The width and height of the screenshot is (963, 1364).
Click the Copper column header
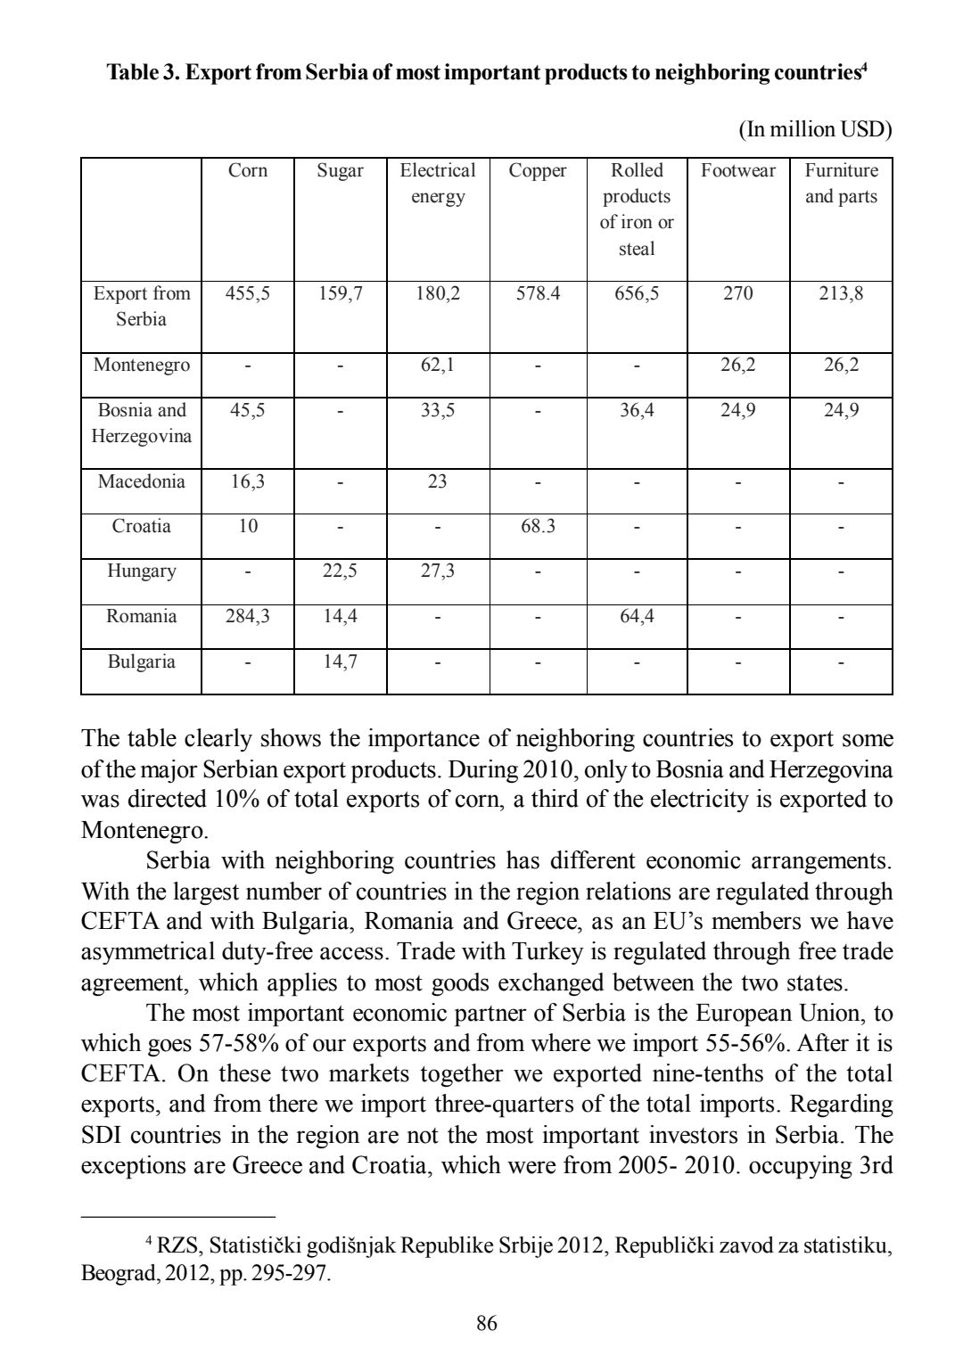pyautogui.click(x=538, y=170)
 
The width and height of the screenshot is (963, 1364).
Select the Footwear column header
pyautogui.click(x=737, y=170)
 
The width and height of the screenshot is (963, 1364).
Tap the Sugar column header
pyautogui.click(x=340, y=170)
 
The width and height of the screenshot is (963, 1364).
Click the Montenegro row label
pyautogui.click(x=141, y=365)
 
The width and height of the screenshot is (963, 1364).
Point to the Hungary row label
pyautogui.click(x=141, y=571)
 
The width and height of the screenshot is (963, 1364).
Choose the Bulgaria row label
pyautogui.click(x=141, y=661)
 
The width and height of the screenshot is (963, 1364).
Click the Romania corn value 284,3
pyautogui.click(x=247, y=616)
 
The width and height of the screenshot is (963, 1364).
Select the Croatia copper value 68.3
pyautogui.click(x=538, y=526)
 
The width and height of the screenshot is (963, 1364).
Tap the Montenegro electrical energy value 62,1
pyautogui.click(x=437, y=365)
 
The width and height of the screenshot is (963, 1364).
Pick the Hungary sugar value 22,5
pyautogui.click(x=340, y=571)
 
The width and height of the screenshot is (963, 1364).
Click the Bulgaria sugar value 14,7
pyautogui.click(x=340, y=661)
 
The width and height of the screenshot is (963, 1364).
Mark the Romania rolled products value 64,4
pyautogui.click(x=636, y=616)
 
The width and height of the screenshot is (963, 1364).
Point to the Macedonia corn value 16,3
pyautogui.click(x=247, y=481)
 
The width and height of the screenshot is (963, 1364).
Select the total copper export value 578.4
pyautogui.click(x=538, y=293)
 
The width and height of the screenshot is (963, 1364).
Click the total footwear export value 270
pyautogui.click(x=737, y=293)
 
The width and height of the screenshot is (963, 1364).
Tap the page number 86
pyautogui.click(x=486, y=1323)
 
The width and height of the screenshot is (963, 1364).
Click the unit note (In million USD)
pyautogui.click(x=815, y=129)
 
